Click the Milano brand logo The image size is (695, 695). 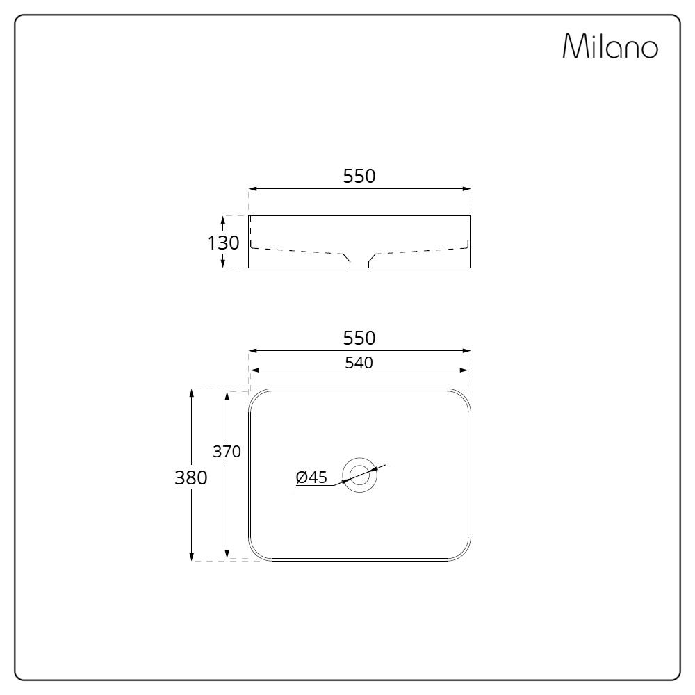click(610, 46)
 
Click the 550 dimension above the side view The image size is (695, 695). click(359, 177)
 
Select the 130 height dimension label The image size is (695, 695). click(223, 243)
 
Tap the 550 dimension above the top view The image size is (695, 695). click(359, 338)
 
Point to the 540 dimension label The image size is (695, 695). click(359, 363)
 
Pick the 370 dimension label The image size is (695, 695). click(227, 452)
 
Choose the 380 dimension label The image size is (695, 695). click(191, 478)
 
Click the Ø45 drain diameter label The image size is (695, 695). click(311, 477)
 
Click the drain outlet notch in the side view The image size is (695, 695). click(359, 261)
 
